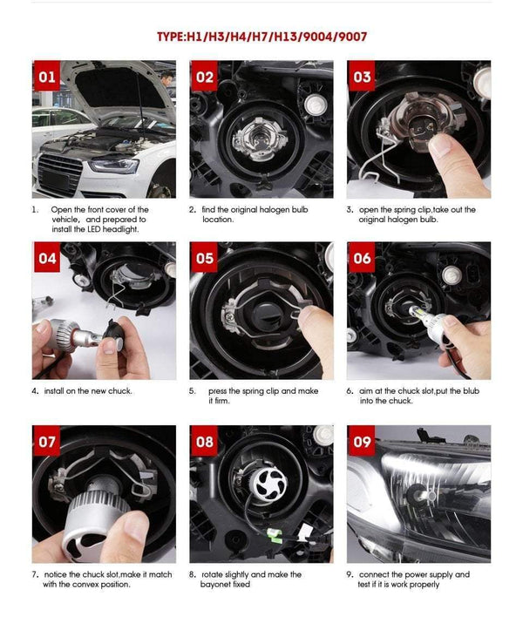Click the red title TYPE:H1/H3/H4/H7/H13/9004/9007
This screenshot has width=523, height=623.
tap(261, 37)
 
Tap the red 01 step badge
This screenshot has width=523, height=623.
tap(47, 77)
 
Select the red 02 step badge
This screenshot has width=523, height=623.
tap(204, 77)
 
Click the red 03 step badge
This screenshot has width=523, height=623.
tap(362, 77)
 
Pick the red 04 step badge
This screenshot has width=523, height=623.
tap(47, 259)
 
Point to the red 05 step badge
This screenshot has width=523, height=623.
tap(204, 259)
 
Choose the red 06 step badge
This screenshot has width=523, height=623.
tap(362, 259)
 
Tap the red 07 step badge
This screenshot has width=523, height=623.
tap(47, 442)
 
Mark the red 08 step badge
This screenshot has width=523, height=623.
tap(204, 442)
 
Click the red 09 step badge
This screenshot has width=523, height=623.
tap(362, 442)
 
